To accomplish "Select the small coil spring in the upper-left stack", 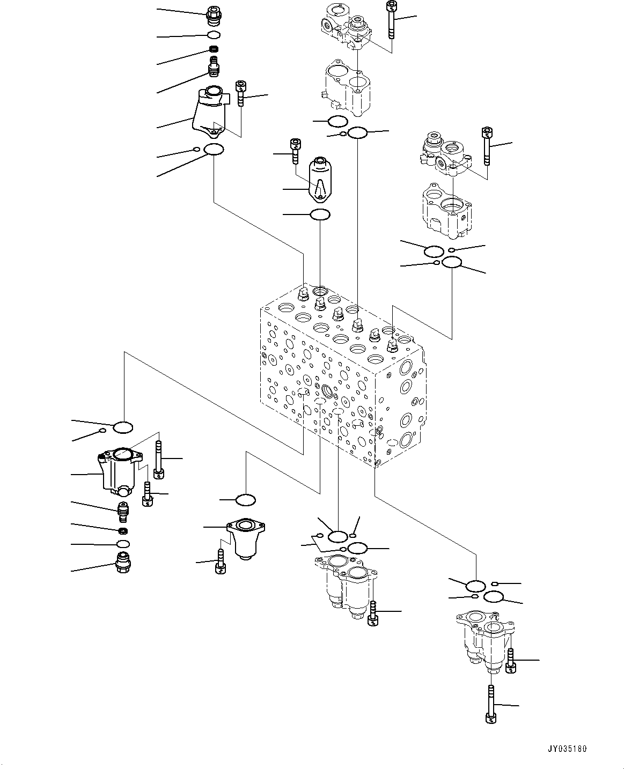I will [x=214, y=51].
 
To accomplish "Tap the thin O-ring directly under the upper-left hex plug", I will [x=214, y=35].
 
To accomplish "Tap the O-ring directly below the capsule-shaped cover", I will [x=320, y=215].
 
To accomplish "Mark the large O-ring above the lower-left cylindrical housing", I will [x=123, y=427].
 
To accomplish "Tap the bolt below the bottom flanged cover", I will [x=220, y=563].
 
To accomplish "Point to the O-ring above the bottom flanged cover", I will [x=246, y=500].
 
